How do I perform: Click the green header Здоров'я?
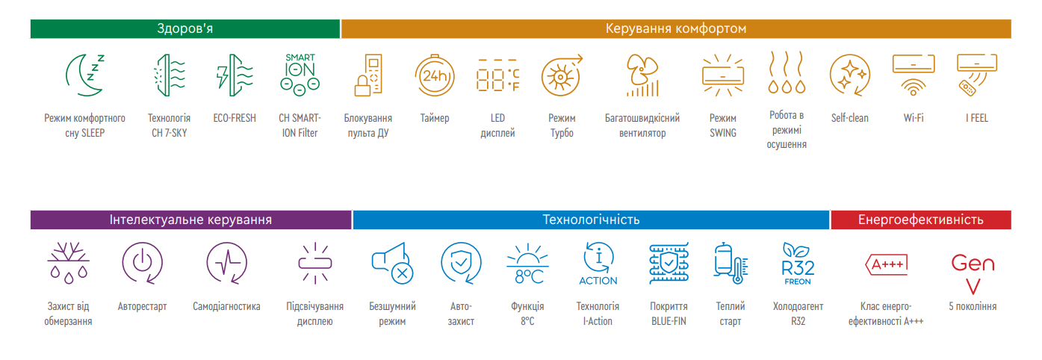(184, 29)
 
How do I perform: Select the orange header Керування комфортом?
(675, 29)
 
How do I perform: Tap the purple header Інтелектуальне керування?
(190, 220)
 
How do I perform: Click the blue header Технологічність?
(591, 220)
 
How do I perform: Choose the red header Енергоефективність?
(920, 220)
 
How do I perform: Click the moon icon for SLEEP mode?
(84, 75)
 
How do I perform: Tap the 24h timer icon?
(434, 75)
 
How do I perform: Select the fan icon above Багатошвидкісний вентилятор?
(642, 75)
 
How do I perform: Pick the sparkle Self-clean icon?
(850, 75)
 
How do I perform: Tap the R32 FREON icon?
(798, 264)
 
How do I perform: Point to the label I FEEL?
(976, 118)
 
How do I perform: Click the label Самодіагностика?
(226, 306)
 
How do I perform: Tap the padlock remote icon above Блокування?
(368, 75)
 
